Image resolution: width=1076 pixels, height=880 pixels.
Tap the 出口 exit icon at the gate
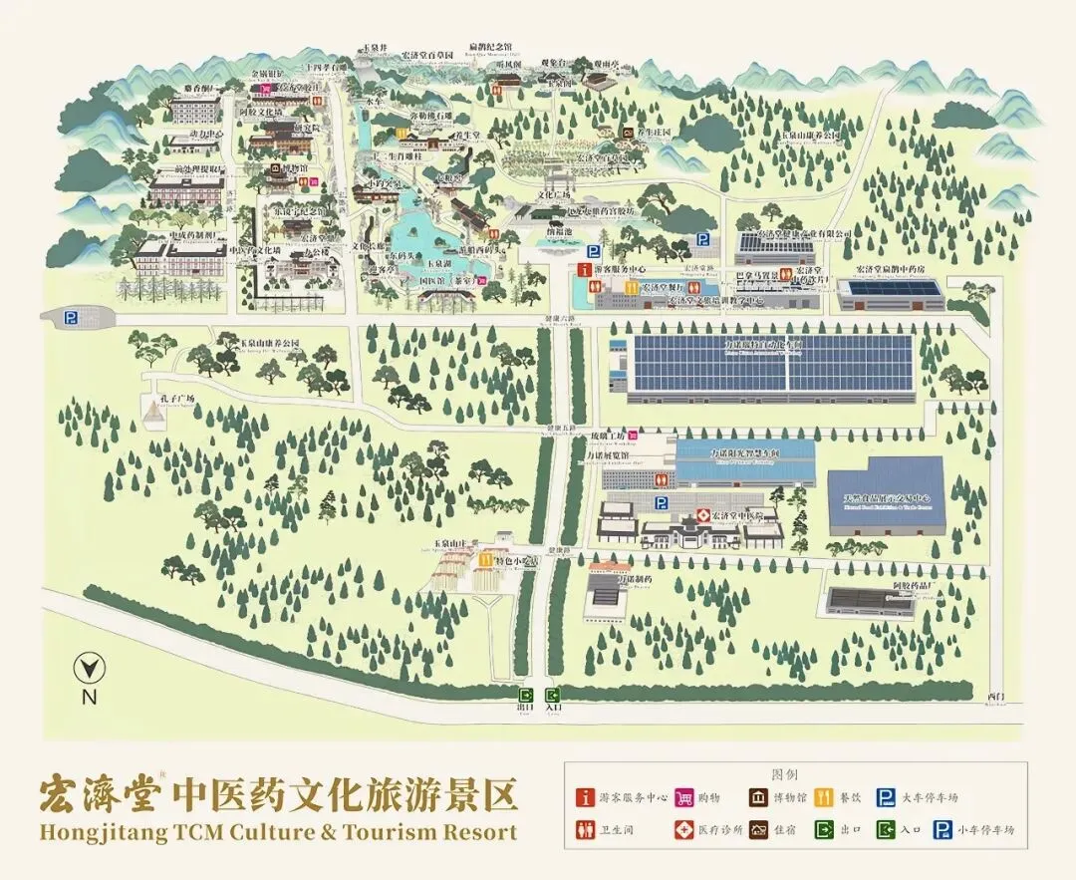click(525, 695)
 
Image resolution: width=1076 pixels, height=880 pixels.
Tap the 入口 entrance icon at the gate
click(553, 695)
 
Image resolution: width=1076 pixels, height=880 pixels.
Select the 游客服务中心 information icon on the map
click(585, 270)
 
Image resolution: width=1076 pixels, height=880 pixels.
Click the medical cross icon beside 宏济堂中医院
click(701, 515)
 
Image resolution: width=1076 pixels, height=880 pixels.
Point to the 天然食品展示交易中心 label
click(886, 497)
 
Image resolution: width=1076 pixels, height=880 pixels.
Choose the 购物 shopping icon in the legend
click(683, 797)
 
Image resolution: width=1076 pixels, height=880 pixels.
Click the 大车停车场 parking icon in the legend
click(885, 797)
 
